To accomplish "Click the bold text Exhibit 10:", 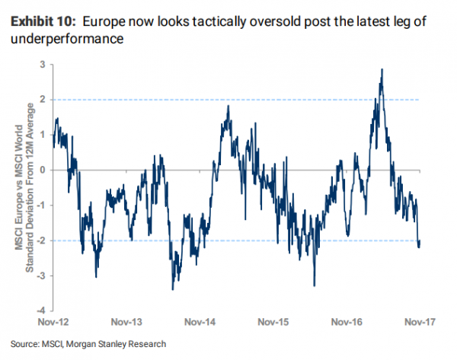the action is [43, 21].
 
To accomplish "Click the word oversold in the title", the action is [274, 21].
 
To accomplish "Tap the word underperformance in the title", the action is [67, 39].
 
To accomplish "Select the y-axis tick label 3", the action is [43, 65].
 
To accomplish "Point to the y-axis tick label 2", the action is [43, 100].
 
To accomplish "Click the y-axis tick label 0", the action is [43, 170].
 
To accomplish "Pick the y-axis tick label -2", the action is [41, 241].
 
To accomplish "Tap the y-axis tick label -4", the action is [41, 311].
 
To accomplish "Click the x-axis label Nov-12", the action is [53, 322].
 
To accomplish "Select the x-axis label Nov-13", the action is [126, 322].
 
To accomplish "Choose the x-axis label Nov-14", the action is [200, 322].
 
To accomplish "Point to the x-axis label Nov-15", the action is [273, 322].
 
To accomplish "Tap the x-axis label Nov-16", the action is [347, 322].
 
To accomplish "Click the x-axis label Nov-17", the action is [420, 322].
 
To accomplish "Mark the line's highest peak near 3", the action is [382, 69].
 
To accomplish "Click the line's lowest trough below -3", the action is [173, 289].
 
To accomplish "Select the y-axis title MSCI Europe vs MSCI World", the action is [19, 187].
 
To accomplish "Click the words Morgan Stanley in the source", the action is [96, 344].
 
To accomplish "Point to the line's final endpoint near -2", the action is [420, 241].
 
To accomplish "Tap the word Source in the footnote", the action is [24, 344].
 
